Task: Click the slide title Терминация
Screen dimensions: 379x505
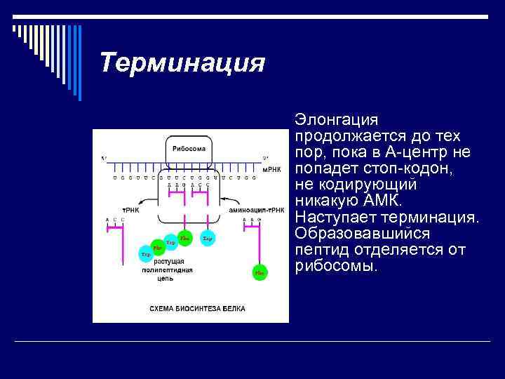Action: [x=182, y=63]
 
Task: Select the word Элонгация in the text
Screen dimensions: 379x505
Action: [x=337, y=120]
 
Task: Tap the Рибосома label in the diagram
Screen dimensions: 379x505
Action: [x=189, y=149]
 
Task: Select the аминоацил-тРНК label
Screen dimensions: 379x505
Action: [x=257, y=210]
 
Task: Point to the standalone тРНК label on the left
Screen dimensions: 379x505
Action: [x=130, y=210]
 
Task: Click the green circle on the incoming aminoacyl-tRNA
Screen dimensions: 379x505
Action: [x=260, y=272]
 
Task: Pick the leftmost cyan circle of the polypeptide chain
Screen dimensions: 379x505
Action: [x=145, y=254]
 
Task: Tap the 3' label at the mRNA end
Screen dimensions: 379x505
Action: [x=265, y=158]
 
